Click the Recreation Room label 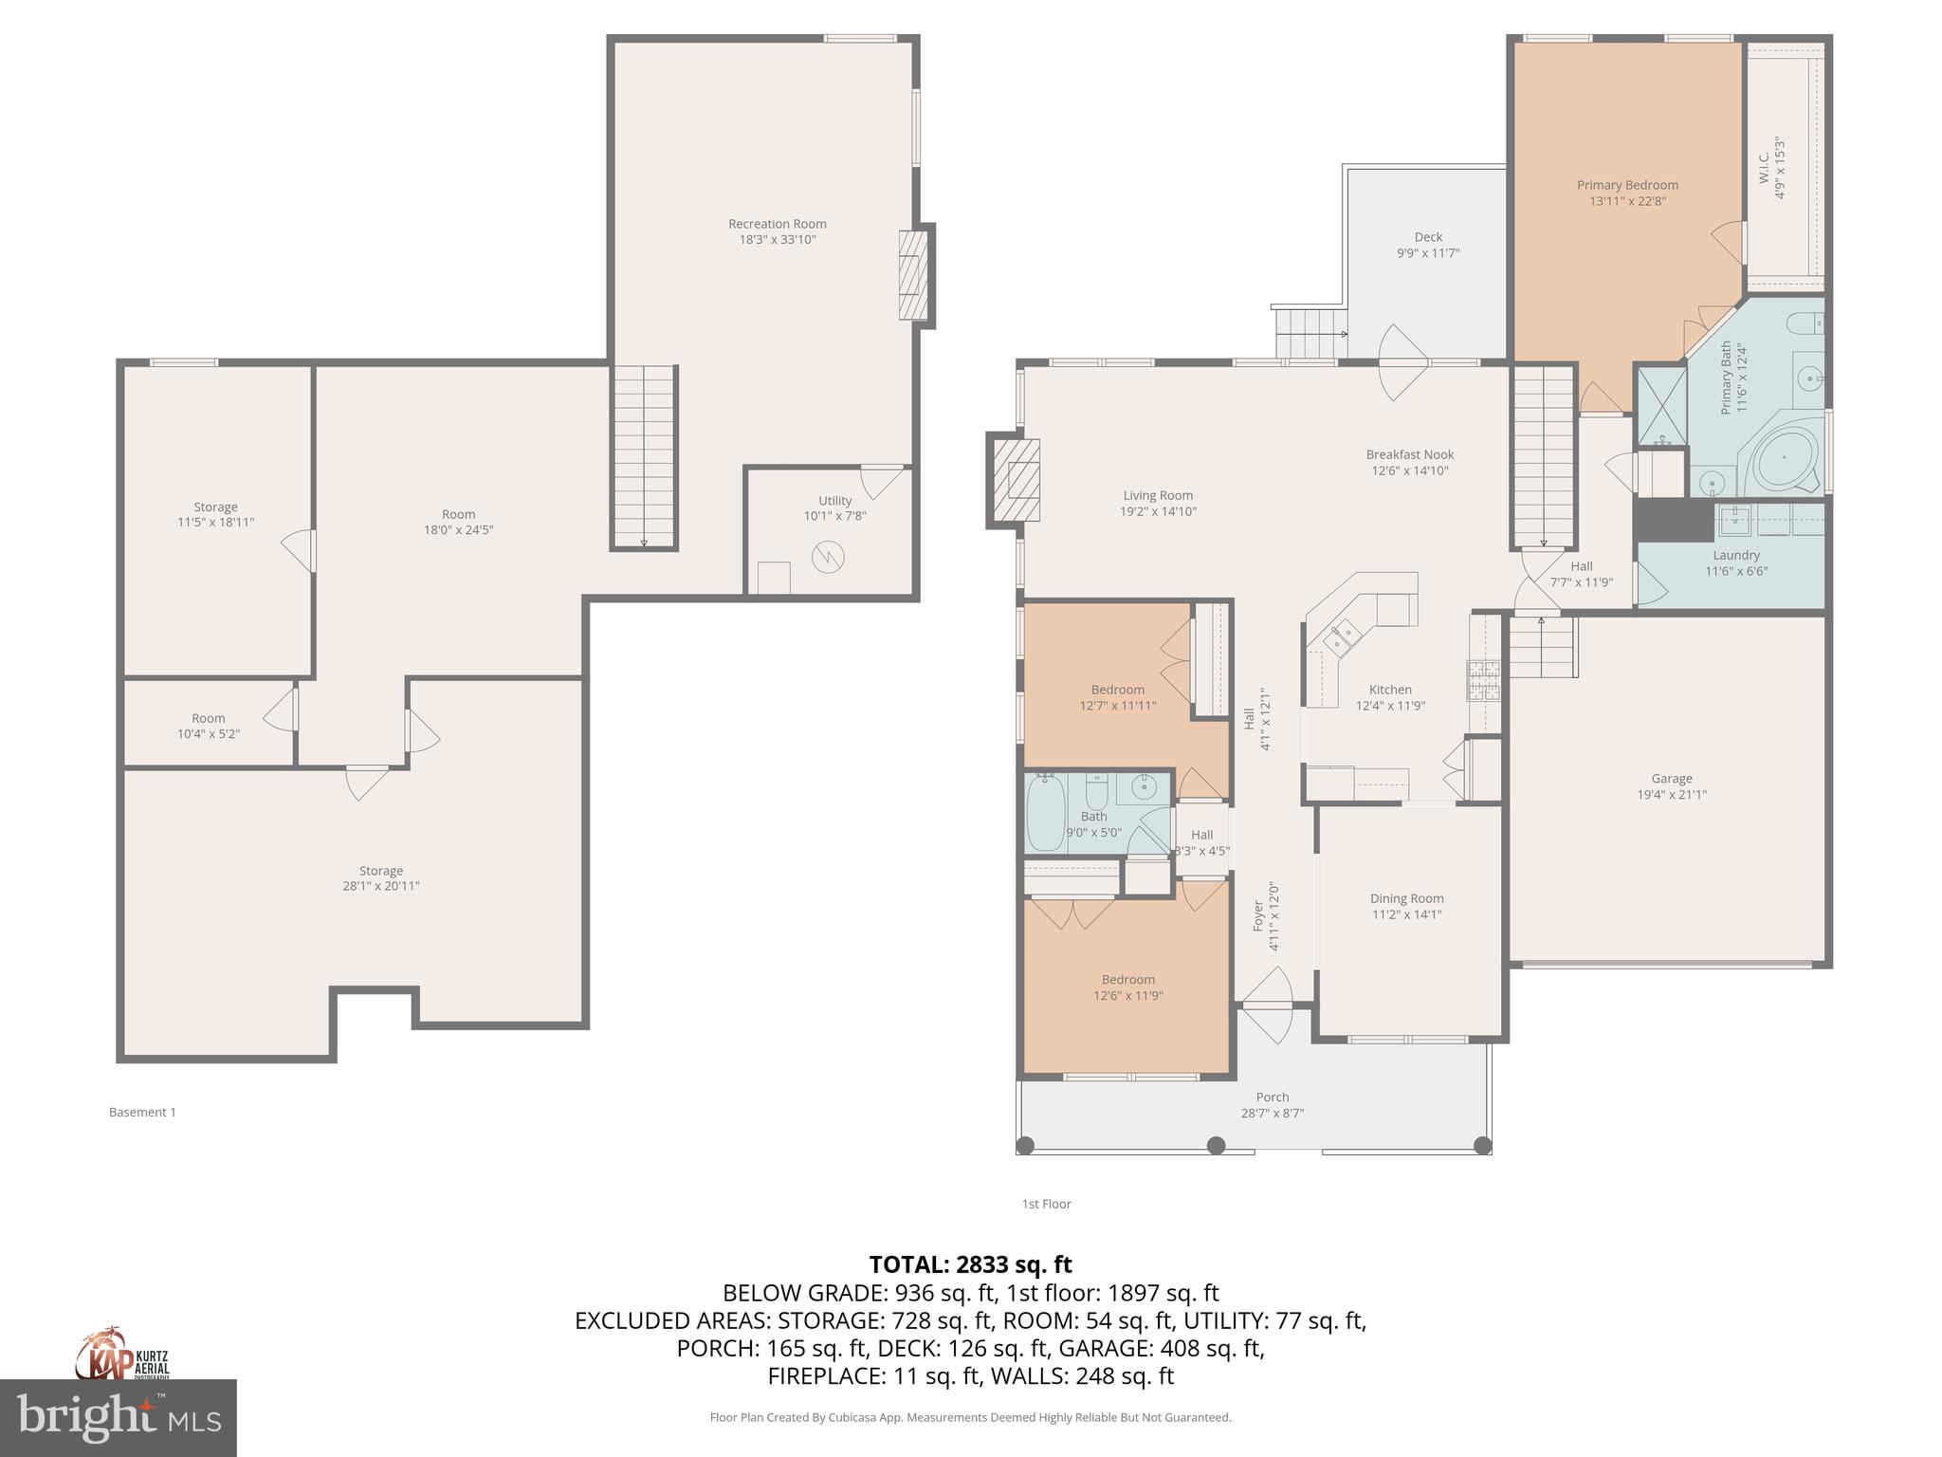coord(777,224)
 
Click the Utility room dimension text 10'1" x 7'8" coord(834,516)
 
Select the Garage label coord(1671,779)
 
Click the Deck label coord(1428,237)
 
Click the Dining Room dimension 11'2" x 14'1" coord(1406,914)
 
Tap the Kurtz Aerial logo coord(123,1356)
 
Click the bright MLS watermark coord(118,1419)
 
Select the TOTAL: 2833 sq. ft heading coord(970,1264)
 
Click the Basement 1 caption coord(142,1112)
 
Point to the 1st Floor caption coord(1046,1204)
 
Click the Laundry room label coord(1736,555)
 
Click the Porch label coord(1273,1097)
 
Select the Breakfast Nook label coord(1409,454)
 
